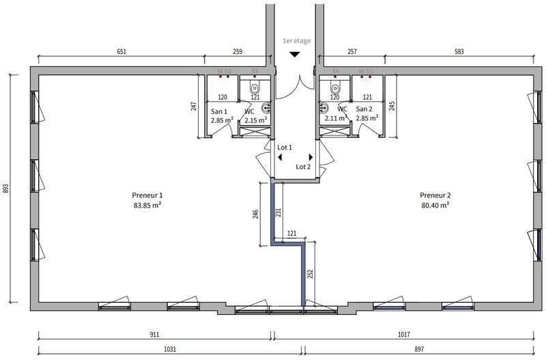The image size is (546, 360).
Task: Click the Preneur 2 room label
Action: point(435,195)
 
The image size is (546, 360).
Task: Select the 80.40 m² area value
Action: point(435,204)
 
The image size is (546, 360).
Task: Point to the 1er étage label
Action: point(296,41)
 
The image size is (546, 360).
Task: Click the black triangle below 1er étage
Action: point(295,55)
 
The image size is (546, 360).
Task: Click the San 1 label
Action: point(219,111)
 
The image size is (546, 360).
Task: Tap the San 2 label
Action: point(365,109)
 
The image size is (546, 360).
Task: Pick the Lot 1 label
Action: point(285,147)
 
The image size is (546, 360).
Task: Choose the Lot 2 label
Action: point(303,166)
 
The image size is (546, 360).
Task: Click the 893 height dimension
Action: point(5,188)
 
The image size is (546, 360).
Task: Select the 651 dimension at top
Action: point(121,51)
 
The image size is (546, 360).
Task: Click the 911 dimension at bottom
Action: point(154,335)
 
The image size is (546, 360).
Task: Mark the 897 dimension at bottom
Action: point(419,349)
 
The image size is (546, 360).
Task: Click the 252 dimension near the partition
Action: point(311,274)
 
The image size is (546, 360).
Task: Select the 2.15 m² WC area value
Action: point(256,120)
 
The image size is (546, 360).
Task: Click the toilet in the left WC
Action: point(256,87)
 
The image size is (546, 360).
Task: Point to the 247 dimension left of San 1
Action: point(194,106)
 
